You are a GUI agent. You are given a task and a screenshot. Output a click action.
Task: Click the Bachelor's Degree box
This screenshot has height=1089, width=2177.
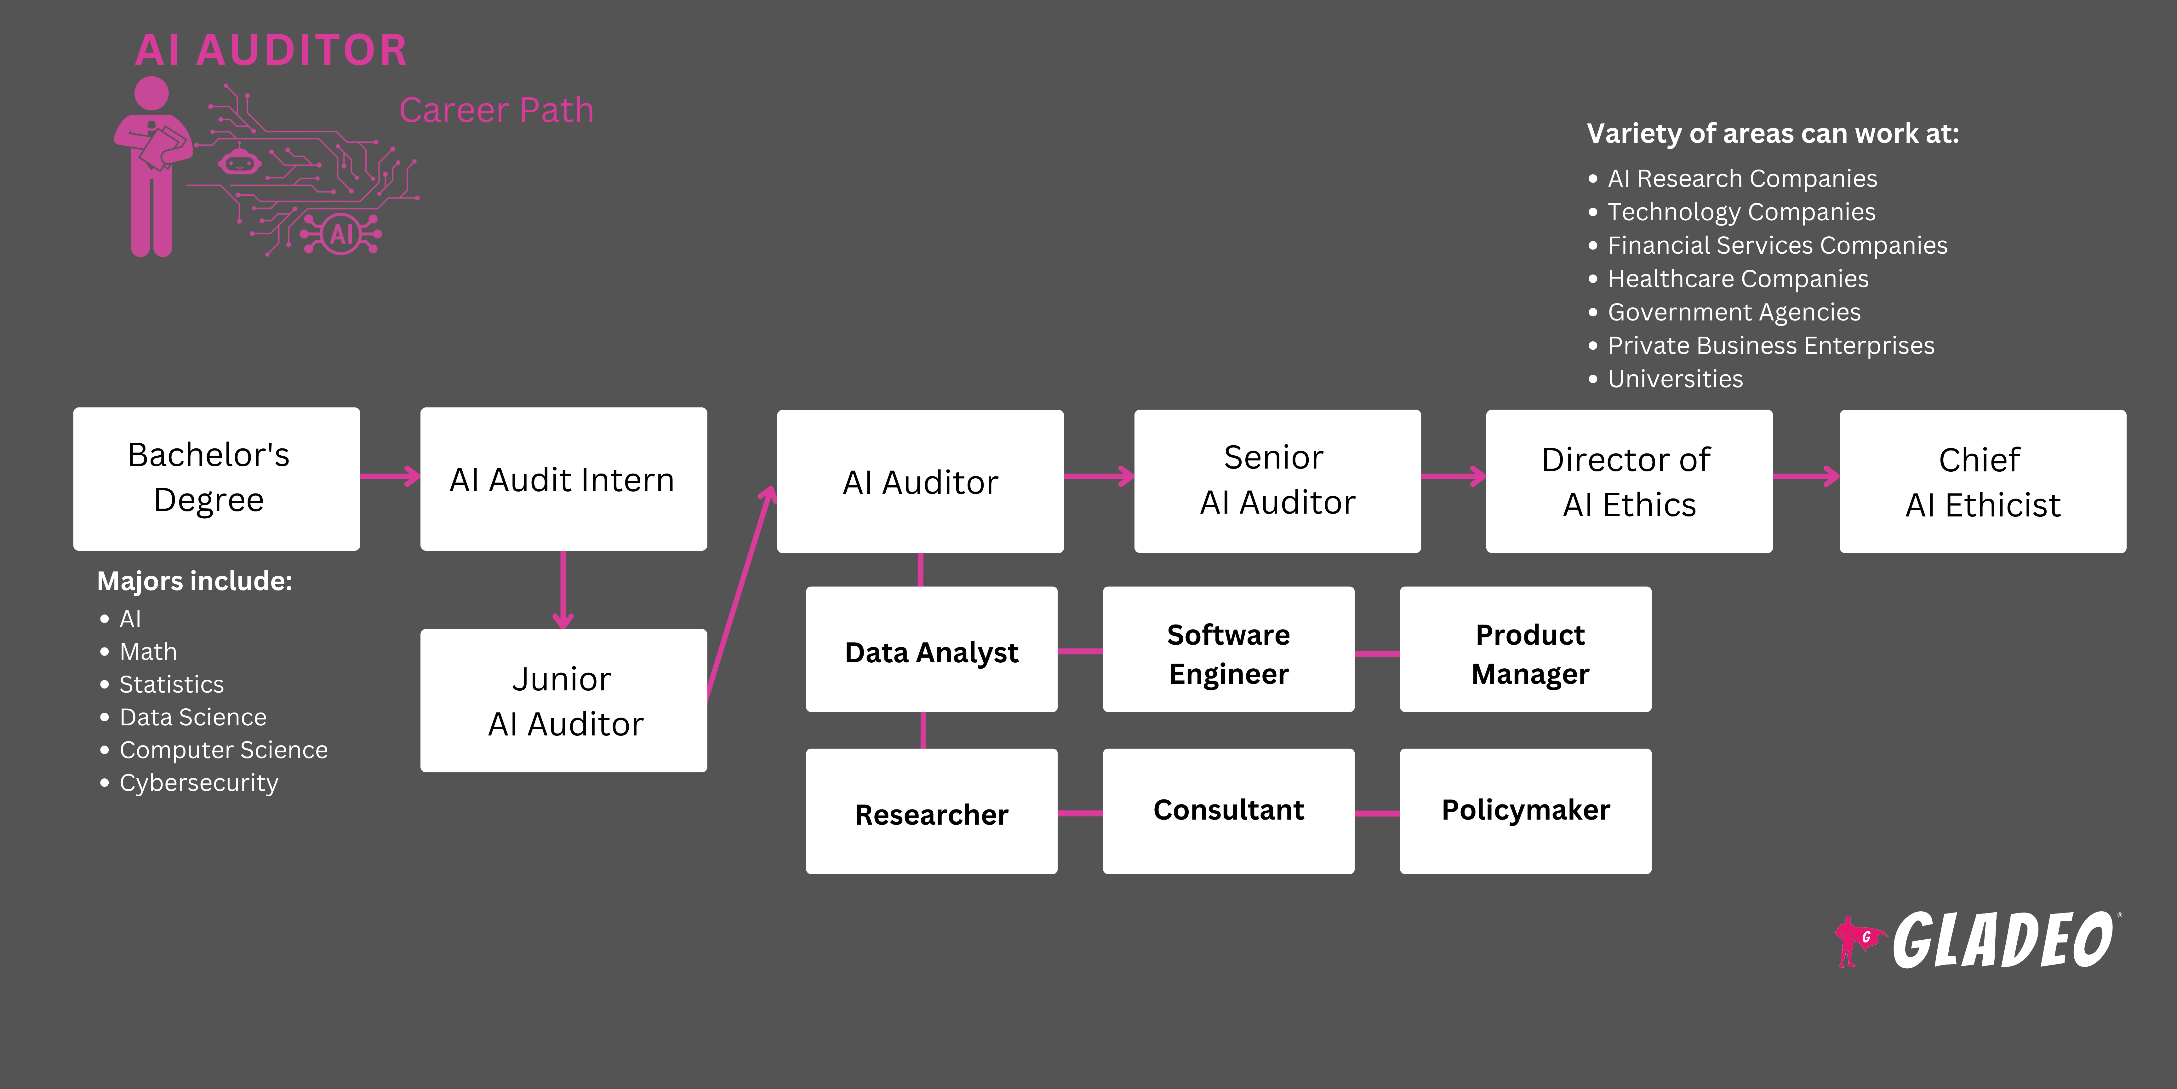click(x=216, y=479)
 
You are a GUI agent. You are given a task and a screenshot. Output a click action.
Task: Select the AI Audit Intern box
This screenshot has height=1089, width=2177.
click(x=563, y=479)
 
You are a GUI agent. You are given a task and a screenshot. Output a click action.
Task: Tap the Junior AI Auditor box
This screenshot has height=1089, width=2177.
click(x=563, y=700)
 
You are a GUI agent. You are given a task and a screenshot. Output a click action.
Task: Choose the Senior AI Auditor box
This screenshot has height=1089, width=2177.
click(x=1277, y=481)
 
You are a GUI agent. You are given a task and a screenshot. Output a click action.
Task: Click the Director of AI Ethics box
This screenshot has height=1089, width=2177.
click(x=1629, y=481)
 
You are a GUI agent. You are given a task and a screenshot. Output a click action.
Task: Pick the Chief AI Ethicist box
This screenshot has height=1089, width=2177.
click(x=1982, y=481)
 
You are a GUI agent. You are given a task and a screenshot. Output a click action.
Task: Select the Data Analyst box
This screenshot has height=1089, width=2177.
click(x=931, y=649)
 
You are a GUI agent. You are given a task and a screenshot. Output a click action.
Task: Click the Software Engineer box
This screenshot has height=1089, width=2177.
click(x=1228, y=649)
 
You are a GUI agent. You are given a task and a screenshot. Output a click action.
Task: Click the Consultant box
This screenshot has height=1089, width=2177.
click(x=1228, y=811)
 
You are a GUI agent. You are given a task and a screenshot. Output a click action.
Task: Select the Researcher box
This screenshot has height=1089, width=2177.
click(x=931, y=811)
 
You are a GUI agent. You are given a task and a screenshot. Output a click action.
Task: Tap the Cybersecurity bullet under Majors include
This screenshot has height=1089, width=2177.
click(x=199, y=783)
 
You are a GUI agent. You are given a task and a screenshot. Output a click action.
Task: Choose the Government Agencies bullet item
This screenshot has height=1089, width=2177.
click(x=1733, y=312)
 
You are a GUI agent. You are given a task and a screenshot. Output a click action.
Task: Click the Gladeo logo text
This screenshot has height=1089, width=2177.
click(x=2001, y=940)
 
